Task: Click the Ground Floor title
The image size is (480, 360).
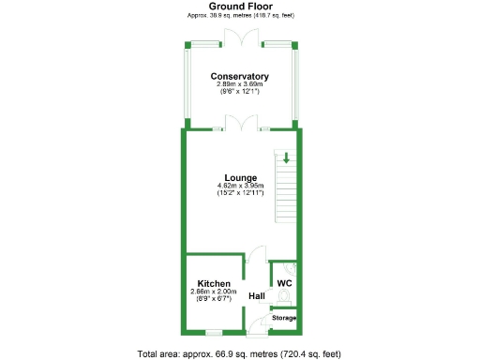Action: tap(240, 6)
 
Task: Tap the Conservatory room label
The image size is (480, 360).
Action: tap(240, 76)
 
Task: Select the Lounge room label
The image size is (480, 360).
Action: tap(240, 177)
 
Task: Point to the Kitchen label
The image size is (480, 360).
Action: tap(214, 283)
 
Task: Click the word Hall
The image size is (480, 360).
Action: tap(257, 297)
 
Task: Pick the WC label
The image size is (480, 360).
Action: tap(284, 282)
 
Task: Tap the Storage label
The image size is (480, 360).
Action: tap(284, 319)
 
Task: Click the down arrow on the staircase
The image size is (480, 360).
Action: tap(286, 157)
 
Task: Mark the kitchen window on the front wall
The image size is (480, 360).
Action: tap(214, 332)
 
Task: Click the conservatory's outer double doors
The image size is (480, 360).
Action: tap(241, 37)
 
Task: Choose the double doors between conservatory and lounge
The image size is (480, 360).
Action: tap(241, 123)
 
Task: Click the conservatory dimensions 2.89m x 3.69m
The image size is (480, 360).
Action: tap(240, 84)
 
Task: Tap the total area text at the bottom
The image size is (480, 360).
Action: tap(240, 353)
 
